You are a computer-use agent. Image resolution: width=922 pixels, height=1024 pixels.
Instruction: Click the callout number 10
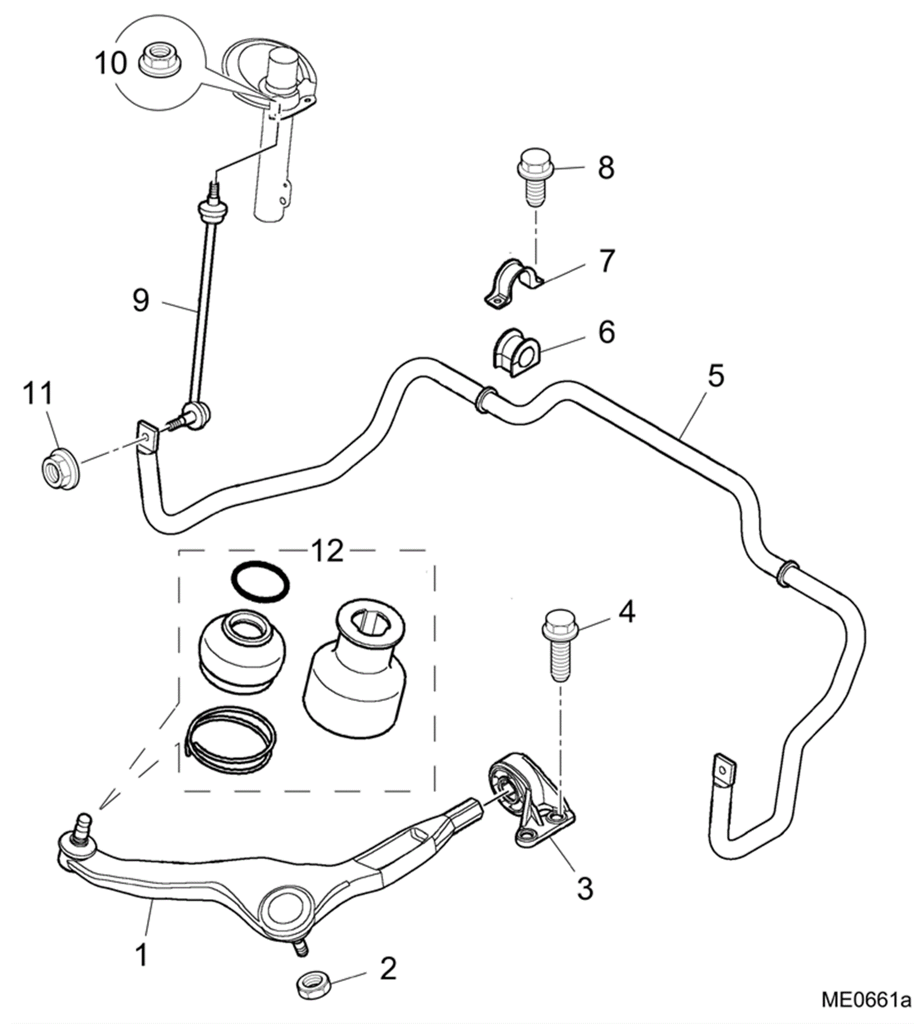click(x=110, y=63)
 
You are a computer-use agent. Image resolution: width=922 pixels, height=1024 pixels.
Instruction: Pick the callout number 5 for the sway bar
click(x=715, y=376)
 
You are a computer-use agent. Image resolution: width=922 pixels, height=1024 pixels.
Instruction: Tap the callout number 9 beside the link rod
click(x=141, y=300)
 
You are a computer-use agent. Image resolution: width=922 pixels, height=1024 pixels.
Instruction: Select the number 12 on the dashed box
click(x=327, y=551)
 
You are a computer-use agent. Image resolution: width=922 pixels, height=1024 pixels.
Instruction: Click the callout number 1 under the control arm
click(x=142, y=955)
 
